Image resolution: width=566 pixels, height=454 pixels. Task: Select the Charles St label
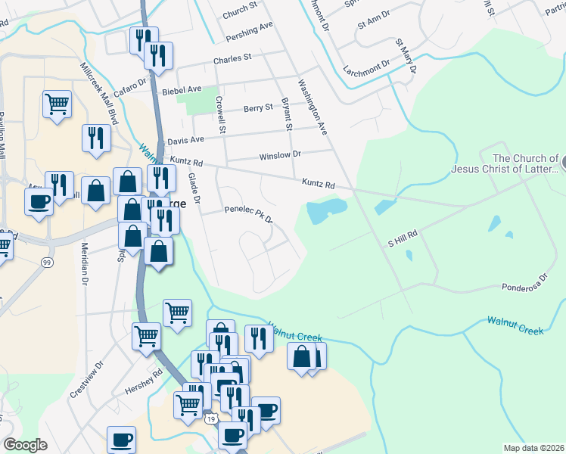pos(232,58)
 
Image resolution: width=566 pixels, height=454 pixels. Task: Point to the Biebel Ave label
pos(182,91)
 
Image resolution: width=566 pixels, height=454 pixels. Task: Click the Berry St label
pos(258,108)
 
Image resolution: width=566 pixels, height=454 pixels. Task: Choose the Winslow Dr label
pos(280,154)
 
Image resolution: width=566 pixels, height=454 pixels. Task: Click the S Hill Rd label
pos(403,238)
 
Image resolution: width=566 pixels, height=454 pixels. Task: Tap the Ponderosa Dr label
pos(523,287)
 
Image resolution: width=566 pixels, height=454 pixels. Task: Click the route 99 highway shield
pos(48,262)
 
